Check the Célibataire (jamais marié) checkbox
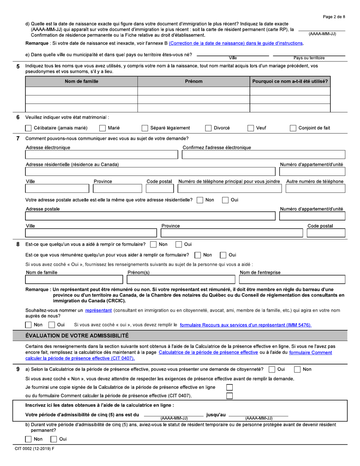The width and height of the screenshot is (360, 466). (28, 128)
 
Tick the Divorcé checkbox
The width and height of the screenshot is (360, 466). (208, 128)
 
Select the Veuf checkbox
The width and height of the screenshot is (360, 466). (250, 128)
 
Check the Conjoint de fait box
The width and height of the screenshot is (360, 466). (293, 128)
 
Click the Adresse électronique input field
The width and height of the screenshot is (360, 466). (101, 155)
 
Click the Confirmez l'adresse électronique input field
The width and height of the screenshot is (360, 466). (264, 155)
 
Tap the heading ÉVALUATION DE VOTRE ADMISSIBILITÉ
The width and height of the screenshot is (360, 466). (77, 335)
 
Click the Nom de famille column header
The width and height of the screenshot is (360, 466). (81, 81)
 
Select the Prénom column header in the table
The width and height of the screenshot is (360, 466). (193, 81)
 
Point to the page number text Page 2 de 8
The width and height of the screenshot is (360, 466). (334, 17)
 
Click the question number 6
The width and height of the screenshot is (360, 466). (18, 117)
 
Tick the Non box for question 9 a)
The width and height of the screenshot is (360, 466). (298, 369)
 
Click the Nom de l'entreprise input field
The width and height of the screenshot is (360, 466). (292, 280)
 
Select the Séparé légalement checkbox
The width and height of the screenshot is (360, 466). (144, 128)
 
